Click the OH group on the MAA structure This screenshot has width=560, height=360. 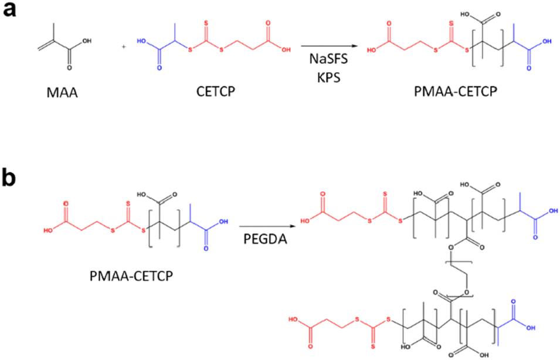(87, 42)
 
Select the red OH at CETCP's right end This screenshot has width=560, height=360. (286, 50)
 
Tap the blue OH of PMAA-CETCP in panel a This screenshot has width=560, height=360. (548, 42)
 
